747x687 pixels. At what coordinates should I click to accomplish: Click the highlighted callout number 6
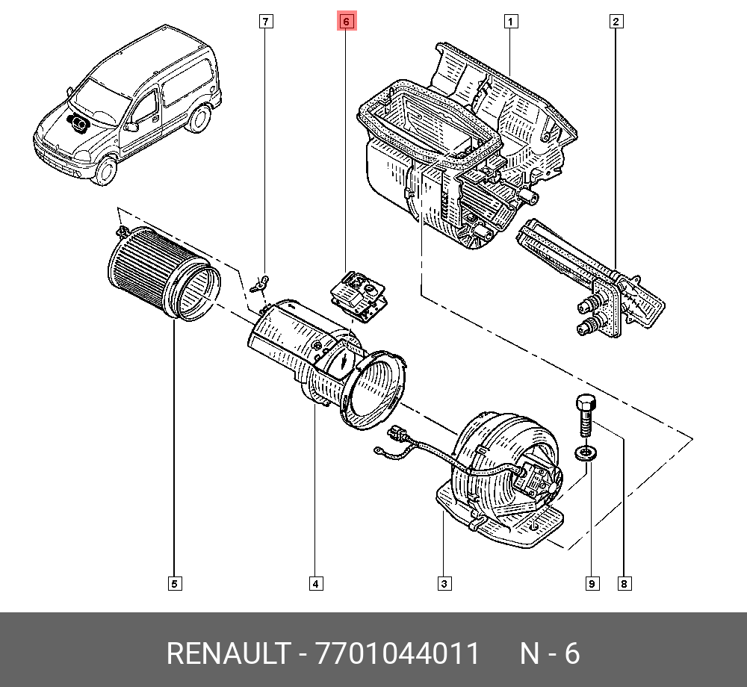(346, 22)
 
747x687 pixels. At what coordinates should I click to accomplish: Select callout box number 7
(266, 22)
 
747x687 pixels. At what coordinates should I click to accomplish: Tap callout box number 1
(510, 22)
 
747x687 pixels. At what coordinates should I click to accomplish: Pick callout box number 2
(616, 22)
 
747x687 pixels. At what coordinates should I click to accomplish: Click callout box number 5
(174, 584)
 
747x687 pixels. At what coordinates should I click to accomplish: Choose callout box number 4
(316, 584)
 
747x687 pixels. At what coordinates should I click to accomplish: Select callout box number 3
(444, 584)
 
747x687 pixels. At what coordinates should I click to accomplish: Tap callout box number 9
(592, 584)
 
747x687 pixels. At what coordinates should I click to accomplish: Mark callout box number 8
(624, 584)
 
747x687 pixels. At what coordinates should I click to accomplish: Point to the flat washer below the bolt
(586, 453)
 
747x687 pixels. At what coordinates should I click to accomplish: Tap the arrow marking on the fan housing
(343, 361)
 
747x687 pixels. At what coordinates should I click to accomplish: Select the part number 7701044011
(397, 654)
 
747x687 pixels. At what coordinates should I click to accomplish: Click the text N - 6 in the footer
(549, 654)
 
